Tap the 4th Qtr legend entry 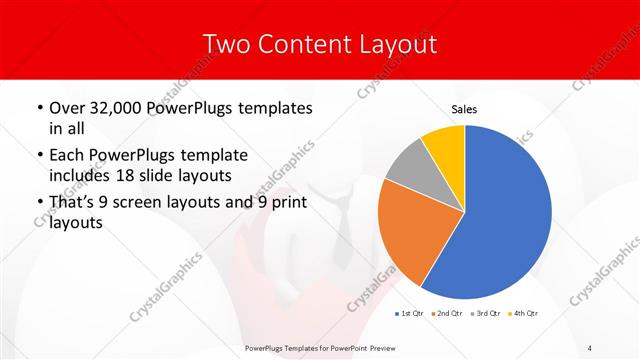[x=527, y=314]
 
